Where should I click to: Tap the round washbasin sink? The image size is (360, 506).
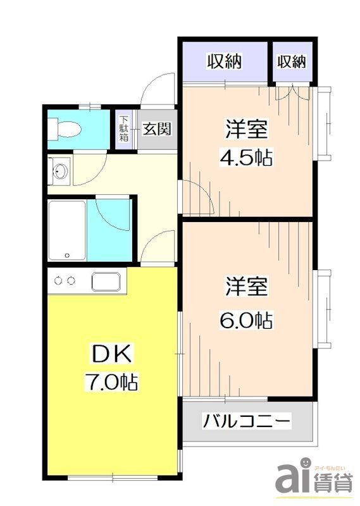point(61,170)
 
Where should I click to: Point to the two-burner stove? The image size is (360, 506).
point(65,280)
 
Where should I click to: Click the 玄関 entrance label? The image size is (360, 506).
point(156,129)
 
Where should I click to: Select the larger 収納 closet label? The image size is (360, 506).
point(225,61)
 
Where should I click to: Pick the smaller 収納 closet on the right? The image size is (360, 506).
point(291,61)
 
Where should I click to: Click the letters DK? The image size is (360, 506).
point(112,355)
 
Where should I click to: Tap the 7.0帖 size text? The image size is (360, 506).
point(112,382)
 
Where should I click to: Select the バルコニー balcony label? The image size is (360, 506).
point(246,421)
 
